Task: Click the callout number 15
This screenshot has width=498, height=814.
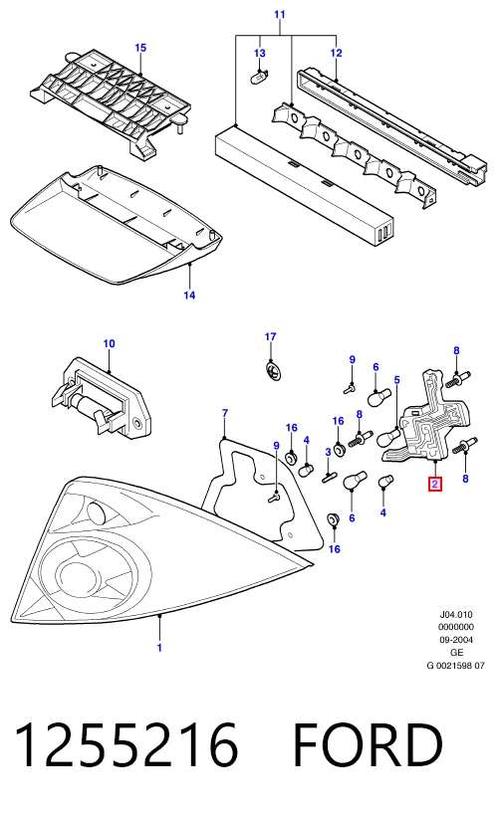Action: point(140,48)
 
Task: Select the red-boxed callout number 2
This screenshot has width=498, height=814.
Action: point(434,485)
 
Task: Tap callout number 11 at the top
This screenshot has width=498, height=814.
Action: point(280,14)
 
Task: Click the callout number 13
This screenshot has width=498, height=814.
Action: point(259,53)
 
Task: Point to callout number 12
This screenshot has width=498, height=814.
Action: point(337,53)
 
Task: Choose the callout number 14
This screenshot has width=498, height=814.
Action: point(189,296)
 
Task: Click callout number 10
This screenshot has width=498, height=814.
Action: point(109,343)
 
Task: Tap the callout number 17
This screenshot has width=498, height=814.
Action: point(270,337)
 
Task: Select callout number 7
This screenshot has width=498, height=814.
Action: point(224,413)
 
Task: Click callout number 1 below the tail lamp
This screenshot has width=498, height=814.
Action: point(159,648)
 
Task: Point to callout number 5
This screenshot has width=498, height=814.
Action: point(396,380)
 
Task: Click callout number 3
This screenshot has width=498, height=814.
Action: point(328,452)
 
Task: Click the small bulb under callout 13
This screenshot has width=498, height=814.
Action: point(259,79)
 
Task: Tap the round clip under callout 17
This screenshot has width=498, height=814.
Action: point(271,371)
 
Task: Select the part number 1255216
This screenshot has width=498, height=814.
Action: point(126,745)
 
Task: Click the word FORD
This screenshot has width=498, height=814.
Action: point(369,745)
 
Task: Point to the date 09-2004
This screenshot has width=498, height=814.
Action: point(456,640)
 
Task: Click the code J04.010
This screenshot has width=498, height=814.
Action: point(456,615)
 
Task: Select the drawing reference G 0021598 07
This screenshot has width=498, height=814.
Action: point(456,665)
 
